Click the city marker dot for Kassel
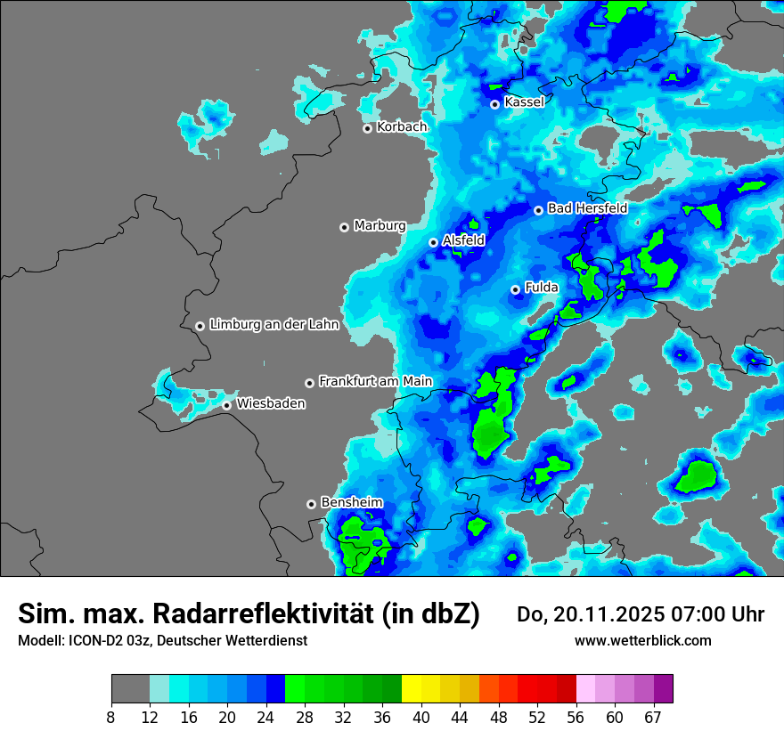point(495,104)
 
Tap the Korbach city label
point(402,127)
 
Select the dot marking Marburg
point(345,227)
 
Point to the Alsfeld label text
point(463,240)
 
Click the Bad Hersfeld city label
point(587,208)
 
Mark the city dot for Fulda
point(516,289)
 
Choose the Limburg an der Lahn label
point(274,325)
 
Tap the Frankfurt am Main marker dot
point(310,383)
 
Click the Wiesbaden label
point(271,404)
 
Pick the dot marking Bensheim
point(312,504)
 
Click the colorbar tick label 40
point(421,718)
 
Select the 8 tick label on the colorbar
point(111,718)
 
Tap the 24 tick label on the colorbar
point(266,718)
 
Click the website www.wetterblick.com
point(642,640)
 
